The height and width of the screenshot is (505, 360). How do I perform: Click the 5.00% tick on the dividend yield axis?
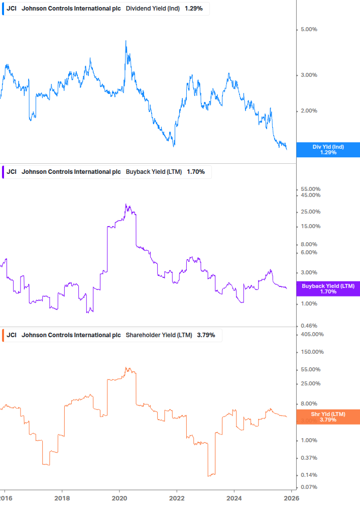(308, 30)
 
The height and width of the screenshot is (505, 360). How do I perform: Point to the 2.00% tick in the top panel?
(308, 111)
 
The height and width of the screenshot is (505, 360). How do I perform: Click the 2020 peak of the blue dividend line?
(126, 41)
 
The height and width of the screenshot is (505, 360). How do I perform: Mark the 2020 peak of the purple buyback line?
(126, 205)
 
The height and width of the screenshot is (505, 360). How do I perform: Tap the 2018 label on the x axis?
(62, 497)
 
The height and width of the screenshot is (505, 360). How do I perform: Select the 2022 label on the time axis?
(177, 497)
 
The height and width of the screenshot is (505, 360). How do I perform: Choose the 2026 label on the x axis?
(292, 497)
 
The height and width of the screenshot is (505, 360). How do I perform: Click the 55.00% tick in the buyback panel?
(310, 189)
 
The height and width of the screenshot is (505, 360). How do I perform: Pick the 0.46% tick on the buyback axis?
(308, 326)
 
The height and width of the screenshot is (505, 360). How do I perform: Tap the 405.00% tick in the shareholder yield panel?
(312, 334)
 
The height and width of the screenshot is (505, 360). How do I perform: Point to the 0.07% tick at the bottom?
(308, 487)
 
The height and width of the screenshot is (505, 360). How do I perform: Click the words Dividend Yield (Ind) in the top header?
(153, 9)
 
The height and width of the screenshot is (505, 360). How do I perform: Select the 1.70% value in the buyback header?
(196, 172)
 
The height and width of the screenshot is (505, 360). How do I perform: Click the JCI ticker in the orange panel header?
(12, 335)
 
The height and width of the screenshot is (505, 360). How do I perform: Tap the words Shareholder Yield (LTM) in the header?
(159, 335)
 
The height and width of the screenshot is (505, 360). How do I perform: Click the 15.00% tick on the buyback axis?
(310, 226)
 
